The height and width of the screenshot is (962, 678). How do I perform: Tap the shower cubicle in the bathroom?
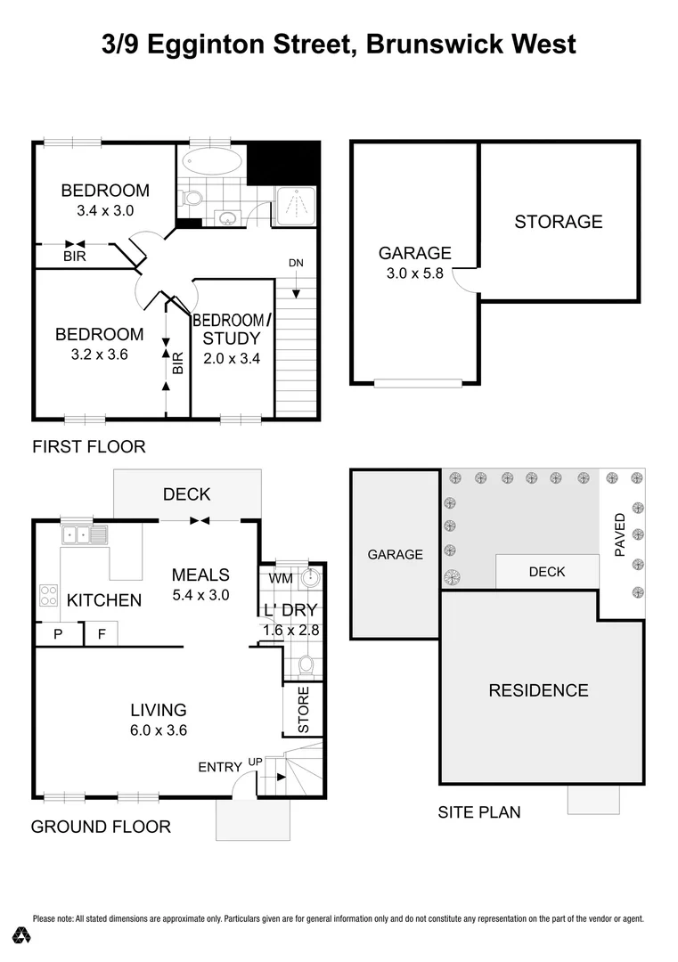pos(295,208)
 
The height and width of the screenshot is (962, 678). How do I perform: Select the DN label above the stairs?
pos(297,263)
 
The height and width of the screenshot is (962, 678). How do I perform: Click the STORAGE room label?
pos(559,222)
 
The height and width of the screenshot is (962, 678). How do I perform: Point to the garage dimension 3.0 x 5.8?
pos(414,274)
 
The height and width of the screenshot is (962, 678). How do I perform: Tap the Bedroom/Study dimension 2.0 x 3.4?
pos(231,360)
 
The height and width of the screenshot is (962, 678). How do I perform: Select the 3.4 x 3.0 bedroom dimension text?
pos(105,211)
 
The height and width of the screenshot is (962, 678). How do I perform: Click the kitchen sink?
pos(84,535)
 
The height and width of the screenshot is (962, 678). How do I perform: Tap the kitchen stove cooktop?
pos(48,598)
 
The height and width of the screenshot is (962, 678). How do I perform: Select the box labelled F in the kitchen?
pos(100,635)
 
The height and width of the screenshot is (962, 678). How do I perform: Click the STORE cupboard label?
pos(303,710)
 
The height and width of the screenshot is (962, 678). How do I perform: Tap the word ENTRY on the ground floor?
pos(219,767)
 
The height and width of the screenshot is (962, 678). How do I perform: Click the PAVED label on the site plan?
pos(621,534)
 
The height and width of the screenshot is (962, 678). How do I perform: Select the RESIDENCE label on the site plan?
pos(538,690)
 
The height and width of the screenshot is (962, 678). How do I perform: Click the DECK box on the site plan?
pos(546,572)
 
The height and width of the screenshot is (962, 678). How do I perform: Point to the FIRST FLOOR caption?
pos(88,446)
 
